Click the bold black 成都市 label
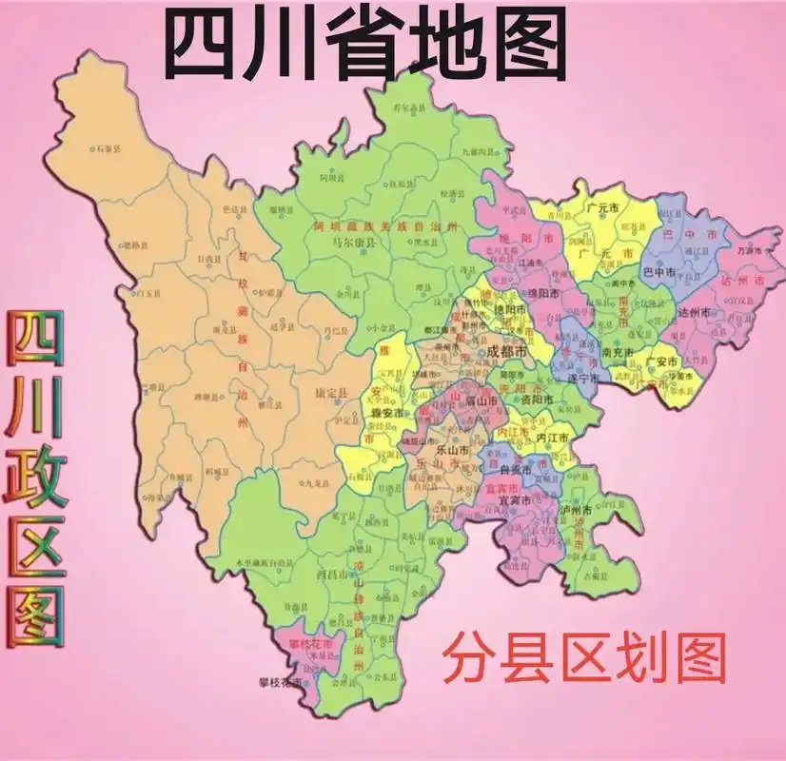tap(505, 351)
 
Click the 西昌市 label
tap(329, 576)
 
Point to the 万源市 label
tap(753, 249)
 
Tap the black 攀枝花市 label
tap(281, 683)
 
